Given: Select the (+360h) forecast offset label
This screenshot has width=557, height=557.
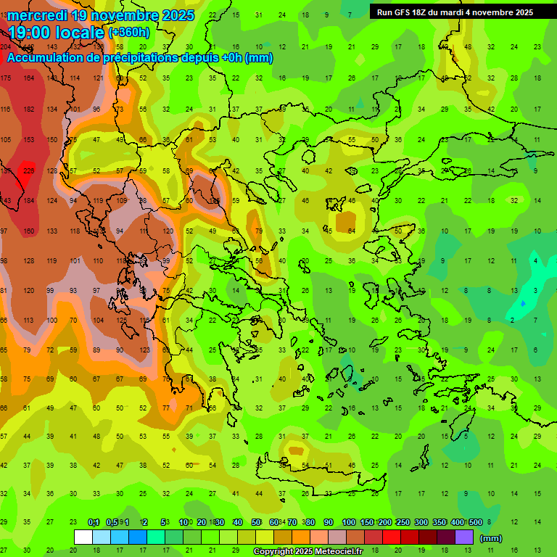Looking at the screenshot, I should pyautogui.click(x=129, y=33).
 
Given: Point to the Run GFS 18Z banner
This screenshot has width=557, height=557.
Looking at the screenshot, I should pyautogui.click(x=455, y=12).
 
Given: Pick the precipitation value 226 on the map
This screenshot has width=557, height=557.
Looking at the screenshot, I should pyautogui.click(x=29, y=171).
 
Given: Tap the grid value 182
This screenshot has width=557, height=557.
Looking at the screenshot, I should pyautogui.click(x=29, y=109).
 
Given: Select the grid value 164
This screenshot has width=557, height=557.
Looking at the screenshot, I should pyautogui.click(x=29, y=78).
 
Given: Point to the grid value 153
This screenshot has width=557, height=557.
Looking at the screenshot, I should pyautogui.click(x=29, y=140).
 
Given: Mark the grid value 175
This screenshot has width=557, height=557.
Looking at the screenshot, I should pyautogui.click(x=6, y=78).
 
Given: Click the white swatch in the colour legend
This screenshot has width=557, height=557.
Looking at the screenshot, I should pyautogui.click(x=84, y=537).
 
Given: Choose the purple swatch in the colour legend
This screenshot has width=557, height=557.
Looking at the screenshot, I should pyautogui.click(x=465, y=537).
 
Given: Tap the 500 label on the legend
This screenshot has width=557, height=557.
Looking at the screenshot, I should pyautogui.click(x=476, y=522).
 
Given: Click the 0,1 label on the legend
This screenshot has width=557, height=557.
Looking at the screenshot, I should pyautogui.click(x=94, y=522).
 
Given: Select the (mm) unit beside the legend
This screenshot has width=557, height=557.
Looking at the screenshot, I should pyautogui.click(x=492, y=538).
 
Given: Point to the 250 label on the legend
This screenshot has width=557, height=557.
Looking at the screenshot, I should pyautogui.click(x=403, y=522).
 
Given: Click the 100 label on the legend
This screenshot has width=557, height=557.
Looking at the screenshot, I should pyautogui.click(x=348, y=522).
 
